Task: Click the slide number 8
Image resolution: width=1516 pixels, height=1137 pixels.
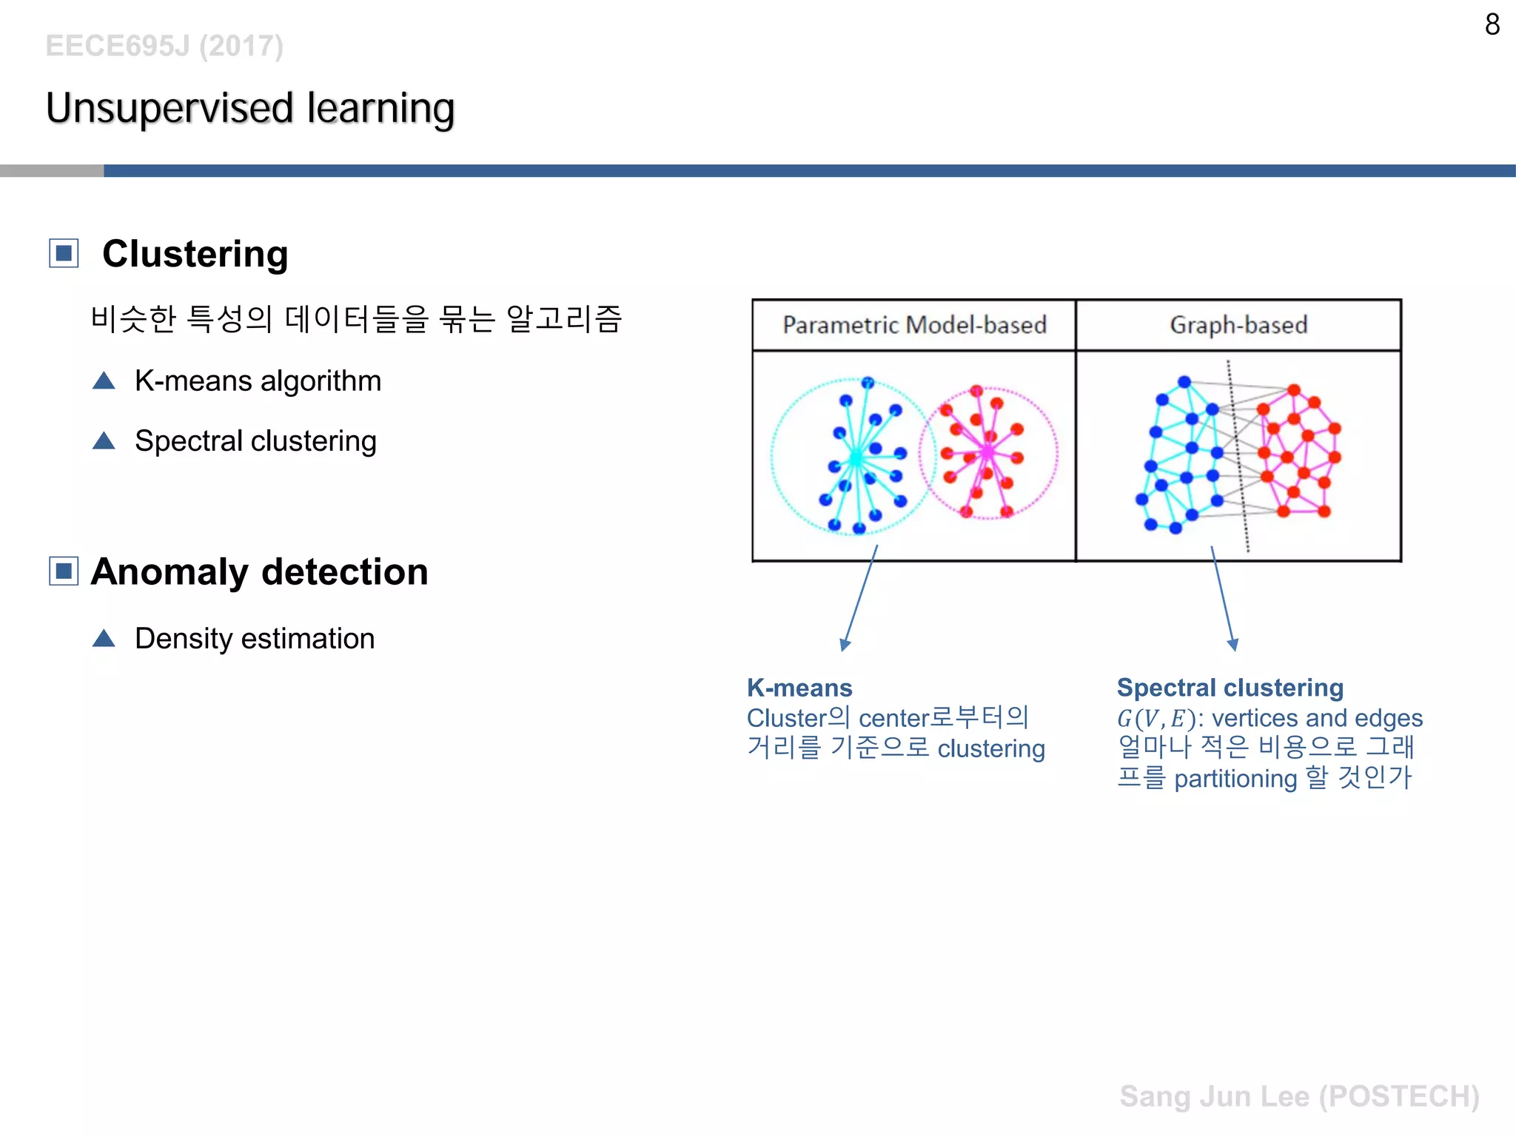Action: tap(1492, 25)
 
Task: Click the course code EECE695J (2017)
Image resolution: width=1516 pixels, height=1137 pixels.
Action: tap(164, 46)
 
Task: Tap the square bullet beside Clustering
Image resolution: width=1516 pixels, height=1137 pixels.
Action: tap(64, 254)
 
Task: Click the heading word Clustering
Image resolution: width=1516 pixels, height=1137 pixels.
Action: tap(195, 254)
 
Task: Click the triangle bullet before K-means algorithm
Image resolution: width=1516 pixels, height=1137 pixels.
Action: tap(104, 381)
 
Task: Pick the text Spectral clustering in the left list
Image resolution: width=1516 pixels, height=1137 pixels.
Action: tap(255, 441)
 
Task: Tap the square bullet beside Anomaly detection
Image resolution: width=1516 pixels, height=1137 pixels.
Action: tap(64, 571)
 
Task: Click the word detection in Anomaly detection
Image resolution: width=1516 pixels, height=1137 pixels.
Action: tap(345, 572)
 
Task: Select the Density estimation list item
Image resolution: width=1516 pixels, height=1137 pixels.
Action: tap(255, 638)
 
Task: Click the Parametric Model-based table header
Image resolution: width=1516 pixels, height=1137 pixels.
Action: tap(914, 325)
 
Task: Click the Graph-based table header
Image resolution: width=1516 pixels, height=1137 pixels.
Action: tap(1238, 325)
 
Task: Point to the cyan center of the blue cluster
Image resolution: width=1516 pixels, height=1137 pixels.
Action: tap(856, 458)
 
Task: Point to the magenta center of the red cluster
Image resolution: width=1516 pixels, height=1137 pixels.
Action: tap(987, 452)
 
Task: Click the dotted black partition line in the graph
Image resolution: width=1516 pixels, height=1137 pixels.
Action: tap(1238, 459)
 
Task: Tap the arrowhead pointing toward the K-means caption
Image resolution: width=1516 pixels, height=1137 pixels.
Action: tap(845, 645)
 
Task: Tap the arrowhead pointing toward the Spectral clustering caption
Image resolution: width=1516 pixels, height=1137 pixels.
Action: tap(1232, 645)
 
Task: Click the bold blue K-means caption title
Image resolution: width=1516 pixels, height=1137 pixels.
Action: tap(799, 688)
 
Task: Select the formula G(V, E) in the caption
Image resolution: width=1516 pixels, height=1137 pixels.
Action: tap(1156, 719)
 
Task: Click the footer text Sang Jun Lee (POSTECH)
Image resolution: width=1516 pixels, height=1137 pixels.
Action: tap(1299, 1096)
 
